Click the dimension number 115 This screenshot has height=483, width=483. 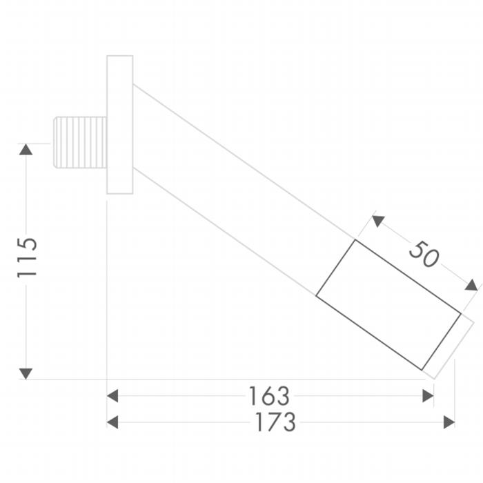pos(27,257)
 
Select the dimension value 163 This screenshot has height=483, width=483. pos(269,396)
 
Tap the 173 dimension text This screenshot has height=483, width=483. pos(276,422)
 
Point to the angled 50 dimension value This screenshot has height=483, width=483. pos(424,255)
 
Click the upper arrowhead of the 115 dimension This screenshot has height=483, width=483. pos(26,150)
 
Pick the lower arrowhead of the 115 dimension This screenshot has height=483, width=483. pos(26,374)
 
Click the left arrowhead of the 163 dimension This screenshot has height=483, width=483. pos(112,396)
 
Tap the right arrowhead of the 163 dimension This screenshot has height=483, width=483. pos(428,396)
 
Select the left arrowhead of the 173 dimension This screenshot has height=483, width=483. pos(112,422)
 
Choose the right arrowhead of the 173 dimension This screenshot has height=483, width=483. pos(449,422)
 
